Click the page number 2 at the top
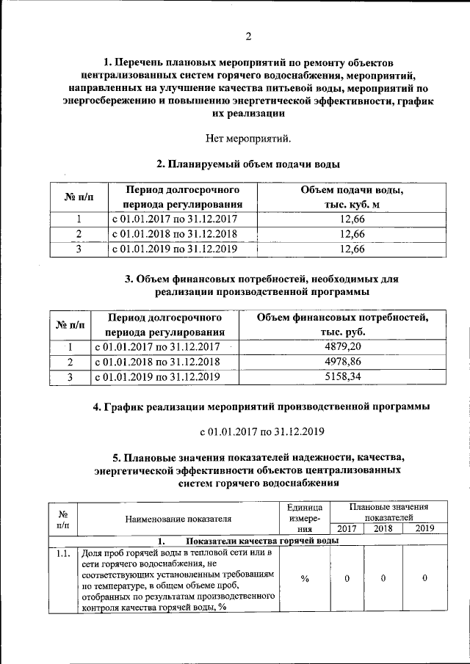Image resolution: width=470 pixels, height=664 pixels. (x=247, y=37)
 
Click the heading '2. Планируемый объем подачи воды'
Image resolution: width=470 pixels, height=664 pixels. (x=247, y=164)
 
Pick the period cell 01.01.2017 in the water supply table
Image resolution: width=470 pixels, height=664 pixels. (x=174, y=219)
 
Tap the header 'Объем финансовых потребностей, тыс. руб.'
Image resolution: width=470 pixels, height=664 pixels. (x=342, y=324)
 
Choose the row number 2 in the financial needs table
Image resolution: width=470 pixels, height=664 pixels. (x=70, y=362)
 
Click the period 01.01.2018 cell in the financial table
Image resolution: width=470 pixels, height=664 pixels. (x=158, y=362)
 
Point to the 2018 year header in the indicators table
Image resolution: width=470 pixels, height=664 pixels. (x=383, y=528)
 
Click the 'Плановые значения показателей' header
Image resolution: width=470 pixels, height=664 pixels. (x=389, y=512)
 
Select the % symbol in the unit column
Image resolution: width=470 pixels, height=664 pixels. (x=304, y=579)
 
